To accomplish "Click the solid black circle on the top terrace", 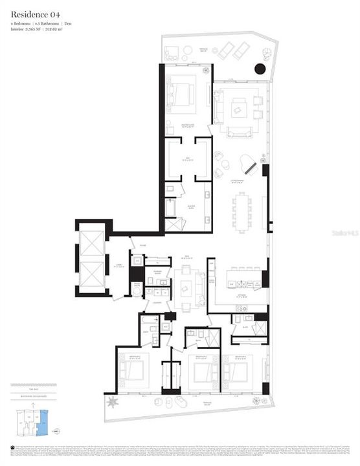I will [260, 68].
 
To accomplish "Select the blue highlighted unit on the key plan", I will [43, 424].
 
